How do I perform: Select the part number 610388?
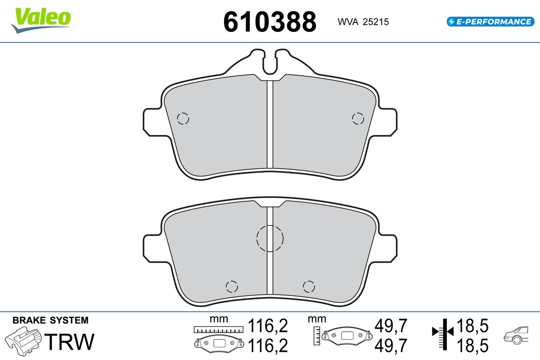270,22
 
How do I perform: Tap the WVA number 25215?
376,22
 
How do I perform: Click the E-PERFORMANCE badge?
490,22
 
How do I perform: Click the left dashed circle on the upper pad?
183,119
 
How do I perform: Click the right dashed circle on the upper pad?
358,118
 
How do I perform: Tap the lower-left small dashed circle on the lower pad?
232,287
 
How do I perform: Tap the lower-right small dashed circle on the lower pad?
309,287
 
